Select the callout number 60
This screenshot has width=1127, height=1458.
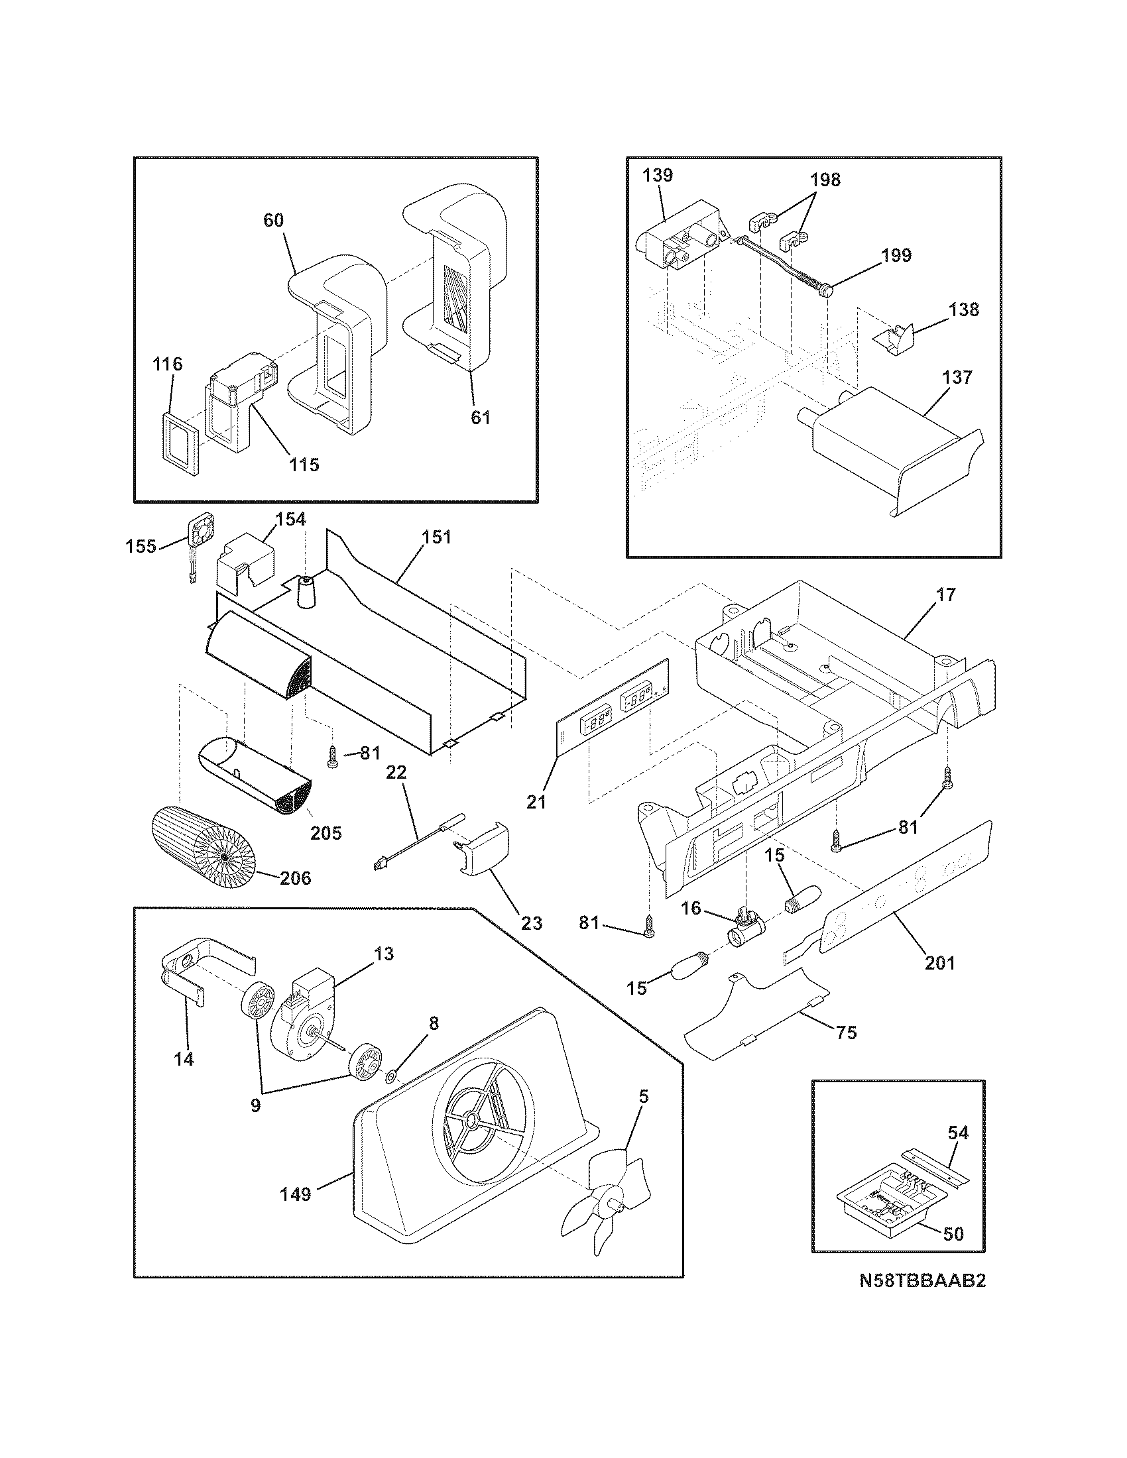273,220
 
